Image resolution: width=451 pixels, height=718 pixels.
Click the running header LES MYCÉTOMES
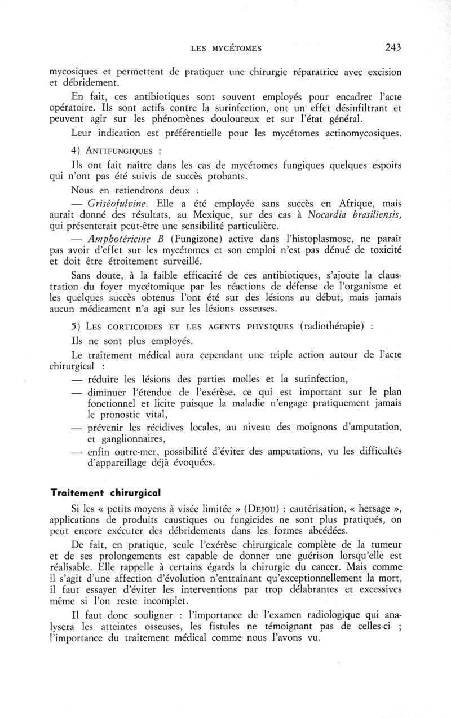point(226,49)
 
